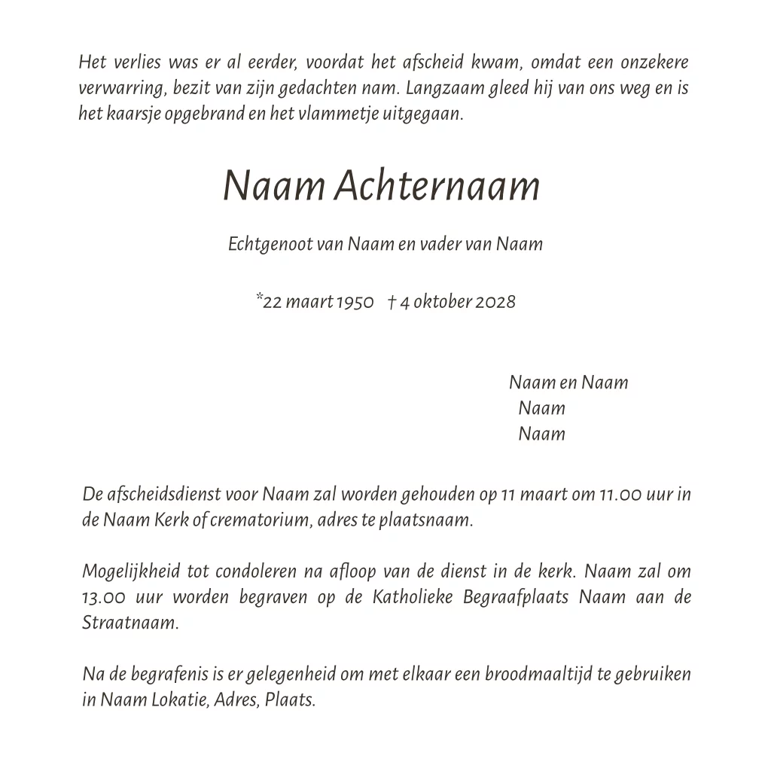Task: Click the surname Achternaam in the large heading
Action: point(437,186)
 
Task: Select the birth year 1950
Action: point(355,302)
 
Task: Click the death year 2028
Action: point(496,302)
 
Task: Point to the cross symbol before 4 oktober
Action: point(392,302)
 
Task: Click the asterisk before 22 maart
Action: point(259,298)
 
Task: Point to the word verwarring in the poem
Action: point(122,89)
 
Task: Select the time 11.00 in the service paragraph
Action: point(620,495)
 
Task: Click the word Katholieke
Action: point(412,598)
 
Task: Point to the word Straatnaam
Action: point(130,623)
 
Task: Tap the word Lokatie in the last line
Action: point(181,699)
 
